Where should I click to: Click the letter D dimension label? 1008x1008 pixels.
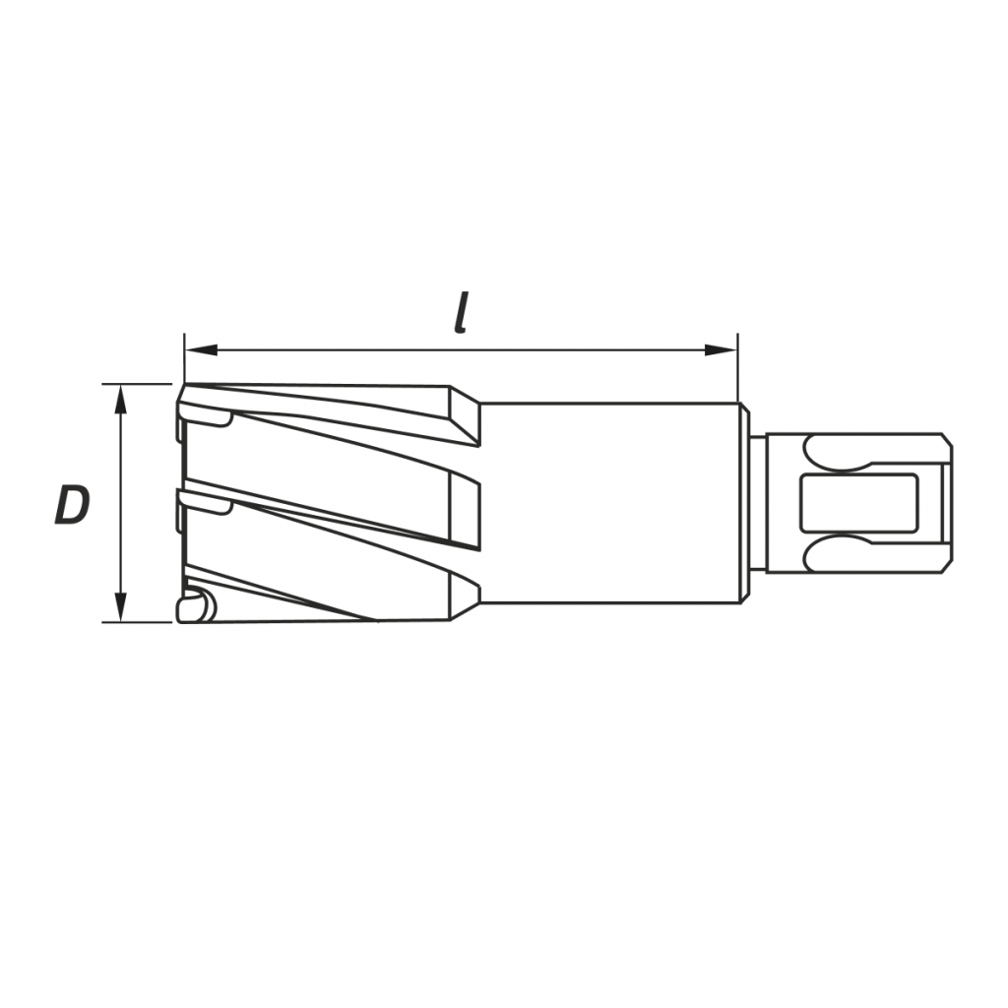71,505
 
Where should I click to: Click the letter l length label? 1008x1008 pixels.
460,313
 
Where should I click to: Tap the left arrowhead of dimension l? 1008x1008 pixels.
200,350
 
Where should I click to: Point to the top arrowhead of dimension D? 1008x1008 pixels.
120,399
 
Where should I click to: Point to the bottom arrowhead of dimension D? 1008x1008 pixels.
120,607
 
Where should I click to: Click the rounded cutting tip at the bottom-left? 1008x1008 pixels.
196,606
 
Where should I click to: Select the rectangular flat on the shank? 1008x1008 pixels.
858,503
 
